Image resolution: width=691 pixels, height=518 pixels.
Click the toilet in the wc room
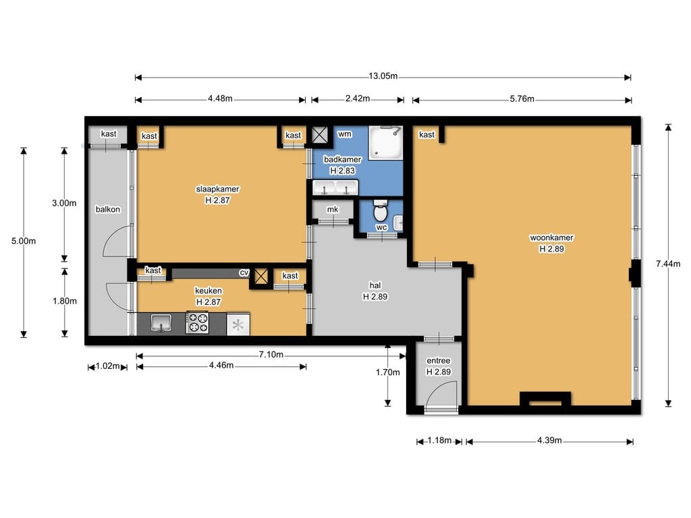381,210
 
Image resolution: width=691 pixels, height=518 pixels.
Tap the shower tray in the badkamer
385,143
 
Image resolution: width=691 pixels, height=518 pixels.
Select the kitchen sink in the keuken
161,323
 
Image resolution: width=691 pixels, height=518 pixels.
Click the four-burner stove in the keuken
197,323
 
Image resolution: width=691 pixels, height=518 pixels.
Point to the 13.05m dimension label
383,76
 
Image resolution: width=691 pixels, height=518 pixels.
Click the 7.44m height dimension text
668,264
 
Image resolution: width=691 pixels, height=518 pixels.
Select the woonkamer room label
551,238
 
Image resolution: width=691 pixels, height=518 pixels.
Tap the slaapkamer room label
217,190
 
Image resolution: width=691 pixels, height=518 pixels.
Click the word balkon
108,210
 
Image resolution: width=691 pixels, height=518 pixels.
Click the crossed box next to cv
261,277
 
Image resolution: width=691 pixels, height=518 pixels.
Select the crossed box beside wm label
319,134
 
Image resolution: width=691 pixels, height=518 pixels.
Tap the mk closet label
333,210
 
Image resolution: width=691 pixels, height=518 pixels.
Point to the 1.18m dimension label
439,440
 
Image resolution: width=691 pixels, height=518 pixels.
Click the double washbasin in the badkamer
335,188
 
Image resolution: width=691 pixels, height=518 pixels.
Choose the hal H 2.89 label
375,291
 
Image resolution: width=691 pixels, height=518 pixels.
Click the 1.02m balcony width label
108,366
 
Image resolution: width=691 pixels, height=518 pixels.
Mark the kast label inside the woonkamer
426,135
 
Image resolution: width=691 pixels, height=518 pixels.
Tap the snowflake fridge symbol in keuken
238,325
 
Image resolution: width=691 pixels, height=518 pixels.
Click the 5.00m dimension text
24,241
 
